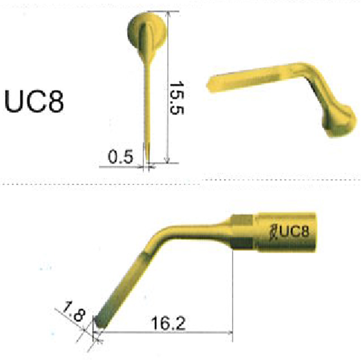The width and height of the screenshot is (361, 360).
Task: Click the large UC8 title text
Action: tap(34, 102)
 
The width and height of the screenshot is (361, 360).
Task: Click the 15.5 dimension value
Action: tap(176, 97)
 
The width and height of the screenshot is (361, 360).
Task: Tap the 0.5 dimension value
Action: tap(120, 157)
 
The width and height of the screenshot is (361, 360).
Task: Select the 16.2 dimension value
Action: tap(168, 323)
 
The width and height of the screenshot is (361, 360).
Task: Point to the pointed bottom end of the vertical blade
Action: tap(148, 162)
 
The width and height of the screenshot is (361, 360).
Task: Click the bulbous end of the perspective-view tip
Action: tap(338, 122)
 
